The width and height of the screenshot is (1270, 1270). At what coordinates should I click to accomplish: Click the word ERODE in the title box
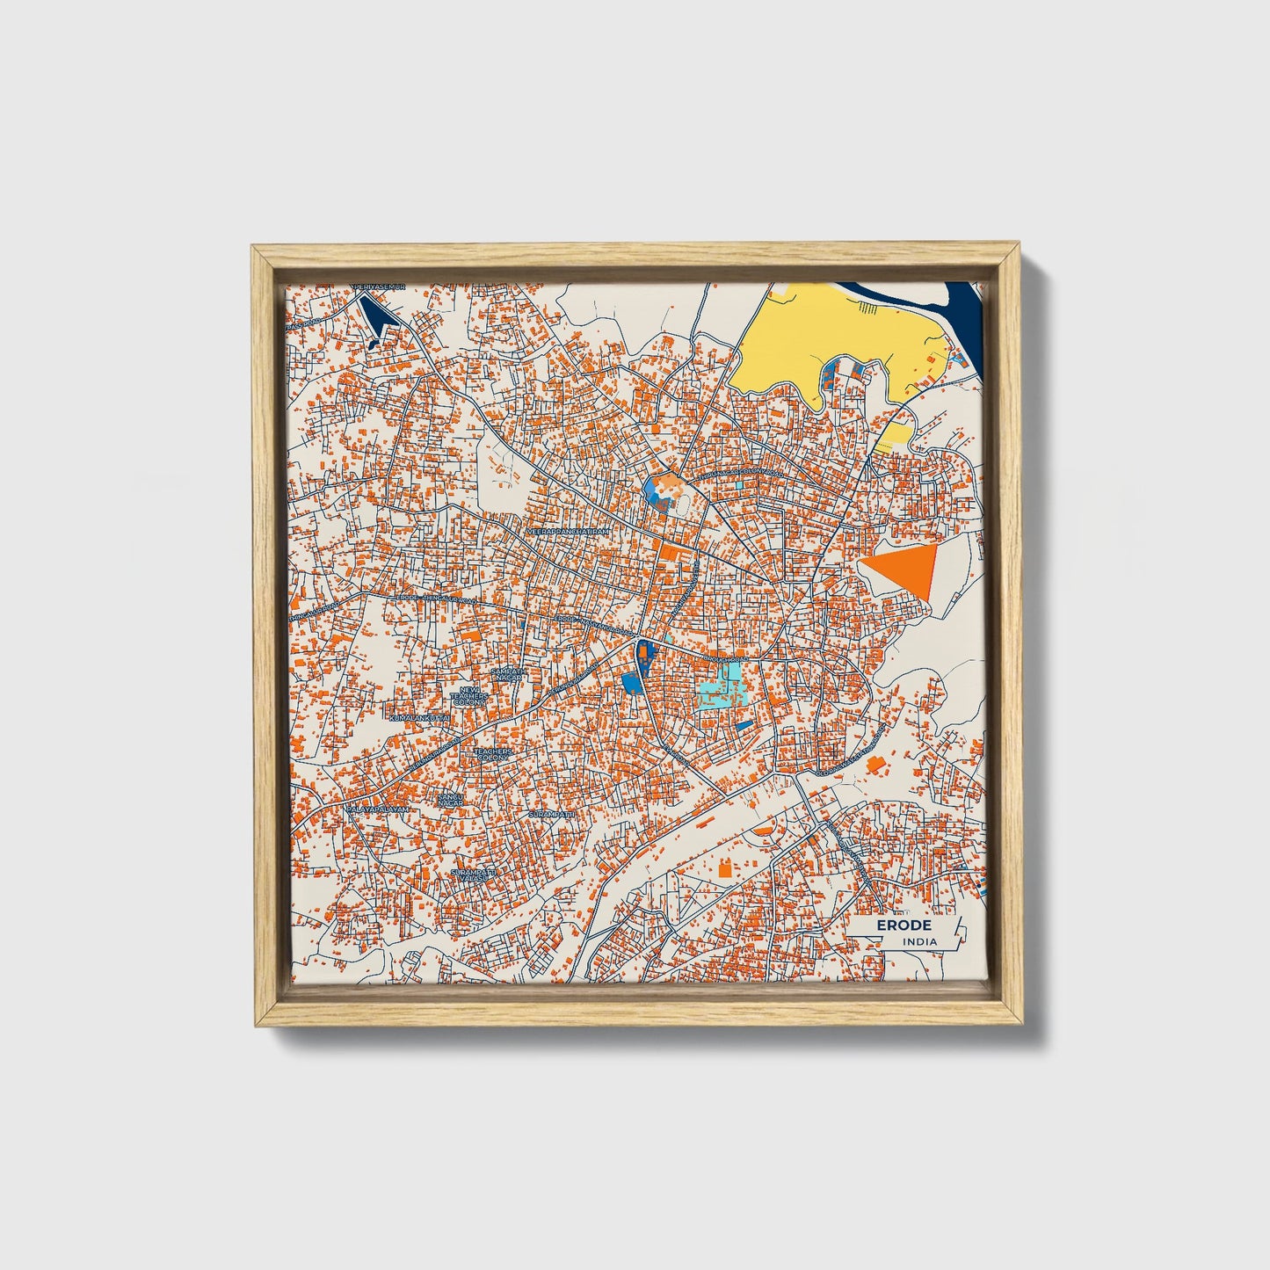pos(903,925)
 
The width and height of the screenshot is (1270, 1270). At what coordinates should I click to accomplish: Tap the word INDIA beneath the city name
pos(918,941)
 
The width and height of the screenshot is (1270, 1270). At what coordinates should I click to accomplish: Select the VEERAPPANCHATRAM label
pos(567,533)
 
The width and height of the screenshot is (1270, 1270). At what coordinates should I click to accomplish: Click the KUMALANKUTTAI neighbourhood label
pos(419,718)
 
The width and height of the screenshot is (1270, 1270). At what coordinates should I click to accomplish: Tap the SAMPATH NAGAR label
pos(513,674)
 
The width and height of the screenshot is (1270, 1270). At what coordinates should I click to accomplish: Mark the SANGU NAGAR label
pos(450,799)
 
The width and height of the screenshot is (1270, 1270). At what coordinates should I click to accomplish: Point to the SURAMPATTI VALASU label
pos(475,874)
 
